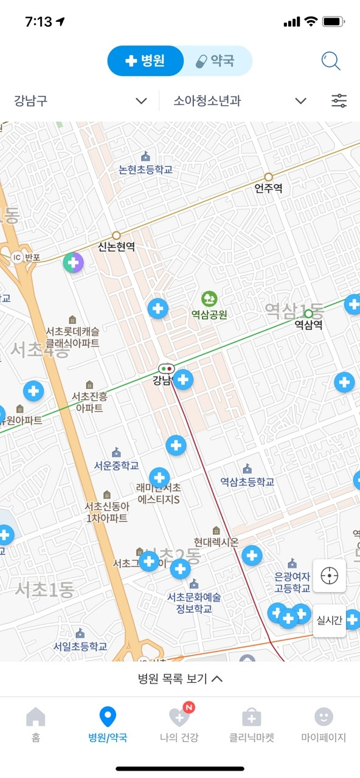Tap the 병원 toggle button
pos(145,61)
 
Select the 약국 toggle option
pos(216,61)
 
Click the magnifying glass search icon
pos(331,61)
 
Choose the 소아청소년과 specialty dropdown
pos(240,101)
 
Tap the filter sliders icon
pos(339,101)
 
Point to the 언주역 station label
pos(268,188)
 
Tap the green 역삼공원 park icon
pos(209,298)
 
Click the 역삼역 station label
pos(308,325)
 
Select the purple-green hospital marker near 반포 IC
pos(74,263)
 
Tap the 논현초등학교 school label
pos(146,170)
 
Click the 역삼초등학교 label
pos(247,481)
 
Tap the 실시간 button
pos(330,621)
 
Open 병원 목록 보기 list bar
pos(180,679)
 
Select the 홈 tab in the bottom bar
pos(36,725)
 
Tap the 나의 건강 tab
pos(179,725)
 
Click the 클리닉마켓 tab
pos(252,725)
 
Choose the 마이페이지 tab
pos(324,725)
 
